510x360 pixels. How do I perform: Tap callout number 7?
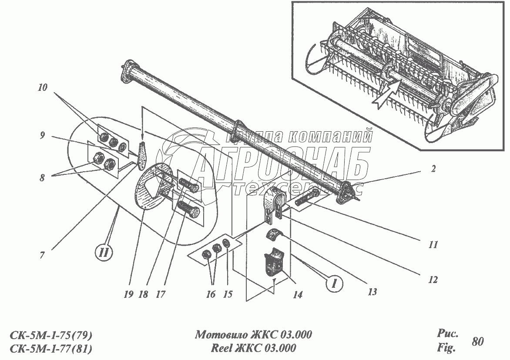click(x=42, y=256)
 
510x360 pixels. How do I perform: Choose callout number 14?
click(x=298, y=295)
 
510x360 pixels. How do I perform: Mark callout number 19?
click(x=128, y=295)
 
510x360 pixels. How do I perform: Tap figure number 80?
click(x=477, y=341)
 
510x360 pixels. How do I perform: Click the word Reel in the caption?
click(x=222, y=348)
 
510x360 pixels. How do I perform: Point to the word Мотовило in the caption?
click(x=220, y=335)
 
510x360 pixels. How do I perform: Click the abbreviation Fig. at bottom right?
click(x=446, y=348)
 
